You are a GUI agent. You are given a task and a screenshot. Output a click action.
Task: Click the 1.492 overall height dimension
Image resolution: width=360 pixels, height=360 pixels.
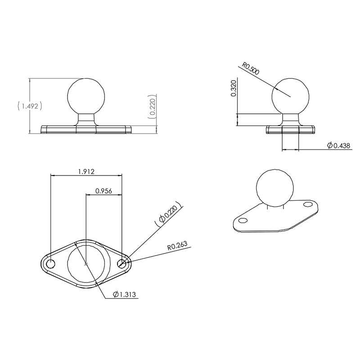point(30,106)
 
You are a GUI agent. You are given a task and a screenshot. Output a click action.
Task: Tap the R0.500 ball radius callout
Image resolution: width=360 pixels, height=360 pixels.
point(251,68)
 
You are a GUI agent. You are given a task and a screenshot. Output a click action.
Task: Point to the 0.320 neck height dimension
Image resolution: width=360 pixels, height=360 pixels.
point(234,88)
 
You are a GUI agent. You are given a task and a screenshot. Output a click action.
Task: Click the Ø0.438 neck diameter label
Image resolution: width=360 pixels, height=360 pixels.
point(339,145)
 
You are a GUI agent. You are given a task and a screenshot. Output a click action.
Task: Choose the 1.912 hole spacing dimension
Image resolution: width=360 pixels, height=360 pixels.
point(86,171)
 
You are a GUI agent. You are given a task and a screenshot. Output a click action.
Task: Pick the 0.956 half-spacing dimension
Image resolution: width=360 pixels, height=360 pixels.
point(103,191)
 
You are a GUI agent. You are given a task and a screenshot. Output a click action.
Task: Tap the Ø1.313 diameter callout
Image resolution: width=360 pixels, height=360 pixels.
point(124,294)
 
